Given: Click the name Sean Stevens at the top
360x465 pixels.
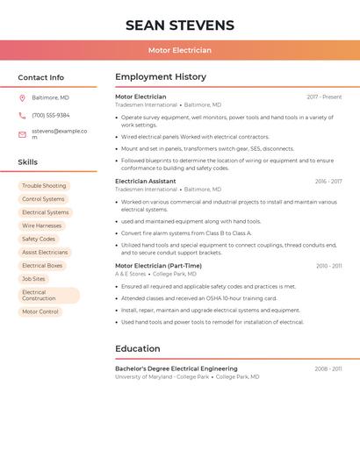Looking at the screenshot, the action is tap(179, 25).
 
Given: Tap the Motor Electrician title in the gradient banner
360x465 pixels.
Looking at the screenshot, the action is tap(179, 50).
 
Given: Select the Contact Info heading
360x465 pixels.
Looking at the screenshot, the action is tap(40, 77).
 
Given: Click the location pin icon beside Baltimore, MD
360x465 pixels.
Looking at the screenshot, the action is tap(22, 97).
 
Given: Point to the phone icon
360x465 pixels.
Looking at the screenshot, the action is tap(22, 115).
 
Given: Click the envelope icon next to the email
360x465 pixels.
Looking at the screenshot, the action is tap(22, 134).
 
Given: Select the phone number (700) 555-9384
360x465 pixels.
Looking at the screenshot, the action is tap(51, 115).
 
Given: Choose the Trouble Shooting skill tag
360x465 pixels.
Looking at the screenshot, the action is tap(44, 186).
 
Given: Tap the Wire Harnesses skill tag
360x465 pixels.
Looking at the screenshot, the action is tap(42, 225).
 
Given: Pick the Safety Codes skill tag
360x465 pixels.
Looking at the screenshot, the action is tap(39, 239).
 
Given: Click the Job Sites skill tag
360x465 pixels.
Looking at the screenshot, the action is tap(33, 279).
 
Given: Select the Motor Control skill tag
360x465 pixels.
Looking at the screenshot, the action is tap(40, 311).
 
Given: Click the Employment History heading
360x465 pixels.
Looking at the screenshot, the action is tap(161, 77).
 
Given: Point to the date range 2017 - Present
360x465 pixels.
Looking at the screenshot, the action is tap(324, 97).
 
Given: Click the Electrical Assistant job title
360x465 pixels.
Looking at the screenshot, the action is tap(146, 181).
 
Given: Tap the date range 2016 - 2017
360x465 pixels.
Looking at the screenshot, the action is tap(328, 182).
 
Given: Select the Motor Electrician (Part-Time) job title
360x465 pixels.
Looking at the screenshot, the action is tap(158, 265).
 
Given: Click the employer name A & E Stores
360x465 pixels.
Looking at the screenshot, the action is tap(131, 274).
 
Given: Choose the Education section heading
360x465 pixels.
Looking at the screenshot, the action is tap(138, 348).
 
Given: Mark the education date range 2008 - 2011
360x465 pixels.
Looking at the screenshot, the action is tap(328, 368).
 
